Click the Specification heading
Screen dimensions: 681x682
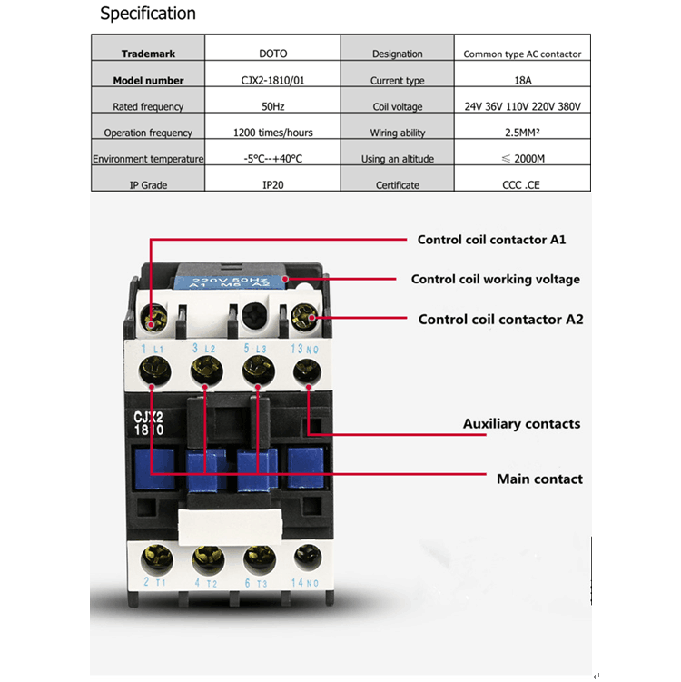148,14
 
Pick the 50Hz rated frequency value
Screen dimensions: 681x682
273,106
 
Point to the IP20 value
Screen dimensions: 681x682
273,185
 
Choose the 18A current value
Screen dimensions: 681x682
523,80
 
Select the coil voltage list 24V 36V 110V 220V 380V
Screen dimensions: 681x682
523,106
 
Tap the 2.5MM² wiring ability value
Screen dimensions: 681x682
523,133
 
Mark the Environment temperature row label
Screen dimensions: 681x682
148,159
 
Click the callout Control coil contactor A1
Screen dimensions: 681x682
492,240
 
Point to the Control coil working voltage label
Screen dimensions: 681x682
495,279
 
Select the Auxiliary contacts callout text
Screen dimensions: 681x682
521,424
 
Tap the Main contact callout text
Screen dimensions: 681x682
539,479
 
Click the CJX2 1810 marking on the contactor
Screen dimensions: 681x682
149,423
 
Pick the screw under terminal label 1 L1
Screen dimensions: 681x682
154,371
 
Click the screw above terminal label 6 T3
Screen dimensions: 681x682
260,558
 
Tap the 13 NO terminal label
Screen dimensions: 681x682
304,349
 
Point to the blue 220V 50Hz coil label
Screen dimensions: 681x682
231,282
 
